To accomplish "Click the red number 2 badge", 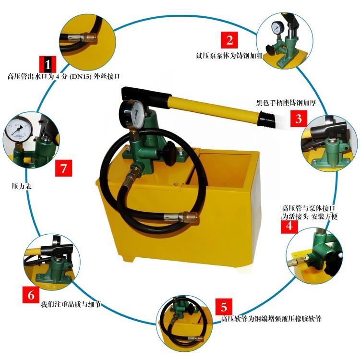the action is tap(229, 40).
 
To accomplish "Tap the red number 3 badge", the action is tap(299, 119).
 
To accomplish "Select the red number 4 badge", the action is tap(289, 226).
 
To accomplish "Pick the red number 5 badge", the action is tap(224, 307).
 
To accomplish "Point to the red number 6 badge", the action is tap(31, 295).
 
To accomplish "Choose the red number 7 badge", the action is tap(63, 168).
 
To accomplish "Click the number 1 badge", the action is tap(48, 64).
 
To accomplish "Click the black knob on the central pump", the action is tap(170, 154).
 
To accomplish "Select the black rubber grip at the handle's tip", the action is tap(266, 119).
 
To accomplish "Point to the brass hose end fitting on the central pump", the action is tap(190, 217).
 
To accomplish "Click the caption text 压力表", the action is tap(21, 186).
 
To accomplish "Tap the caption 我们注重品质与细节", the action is tap(71, 305).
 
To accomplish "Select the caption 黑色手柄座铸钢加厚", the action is tap(286, 103).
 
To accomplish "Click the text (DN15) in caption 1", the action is tap(80, 76).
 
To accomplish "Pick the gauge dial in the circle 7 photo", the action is tap(18, 129).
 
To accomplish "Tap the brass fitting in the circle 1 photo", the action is tap(89, 37).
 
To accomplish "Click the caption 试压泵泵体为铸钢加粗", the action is tap(229, 56).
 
